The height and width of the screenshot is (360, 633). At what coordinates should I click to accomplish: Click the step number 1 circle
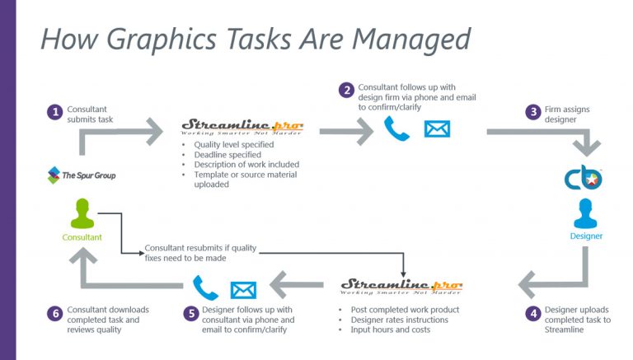(55, 111)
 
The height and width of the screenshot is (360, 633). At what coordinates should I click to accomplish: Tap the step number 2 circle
(348, 90)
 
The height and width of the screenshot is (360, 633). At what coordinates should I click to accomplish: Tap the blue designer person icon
(586, 213)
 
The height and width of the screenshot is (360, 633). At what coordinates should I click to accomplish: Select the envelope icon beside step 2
(437, 128)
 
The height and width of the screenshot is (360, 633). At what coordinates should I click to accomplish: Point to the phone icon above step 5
(203, 288)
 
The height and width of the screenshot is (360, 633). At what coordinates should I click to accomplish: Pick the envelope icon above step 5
(243, 289)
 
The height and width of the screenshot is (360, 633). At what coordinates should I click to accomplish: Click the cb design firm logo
(583, 178)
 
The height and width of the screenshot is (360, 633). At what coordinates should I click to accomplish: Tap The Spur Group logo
(82, 175)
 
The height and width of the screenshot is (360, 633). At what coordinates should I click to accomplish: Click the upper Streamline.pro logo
(241, 129)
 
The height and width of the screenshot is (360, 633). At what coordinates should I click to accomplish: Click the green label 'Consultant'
(82, 237)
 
